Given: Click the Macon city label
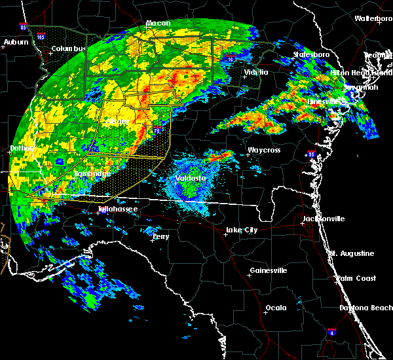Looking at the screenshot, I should point(158,24).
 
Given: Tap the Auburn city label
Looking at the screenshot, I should point(16,43).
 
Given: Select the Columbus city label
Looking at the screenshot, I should point(69,49).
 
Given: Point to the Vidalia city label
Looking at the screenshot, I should point(255,72).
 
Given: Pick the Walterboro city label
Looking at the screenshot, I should point(373,19).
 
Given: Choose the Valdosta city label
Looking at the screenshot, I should point(191,178).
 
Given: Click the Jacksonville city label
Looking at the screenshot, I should point(323,219).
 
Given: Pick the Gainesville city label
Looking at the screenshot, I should point(269,270).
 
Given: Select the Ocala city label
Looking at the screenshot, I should point(275,308).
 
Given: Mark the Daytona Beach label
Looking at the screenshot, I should point(365,308).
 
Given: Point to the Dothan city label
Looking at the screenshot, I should point(21,149).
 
